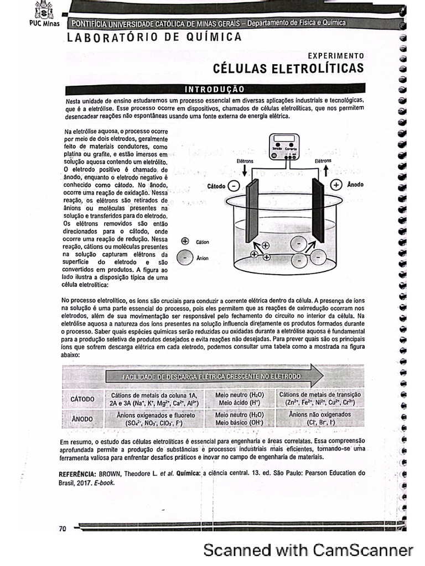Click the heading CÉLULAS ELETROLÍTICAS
point(288,69)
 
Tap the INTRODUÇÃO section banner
point(215,89)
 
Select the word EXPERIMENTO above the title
point(336,56)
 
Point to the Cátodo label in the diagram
point(216,186)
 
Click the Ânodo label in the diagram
point(355,185)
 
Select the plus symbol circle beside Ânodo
point(336,185)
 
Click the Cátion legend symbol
point(185,241)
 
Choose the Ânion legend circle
point(183,257)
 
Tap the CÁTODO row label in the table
point(82,399)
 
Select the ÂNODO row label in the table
point(82,419)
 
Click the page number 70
point(63,529)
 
